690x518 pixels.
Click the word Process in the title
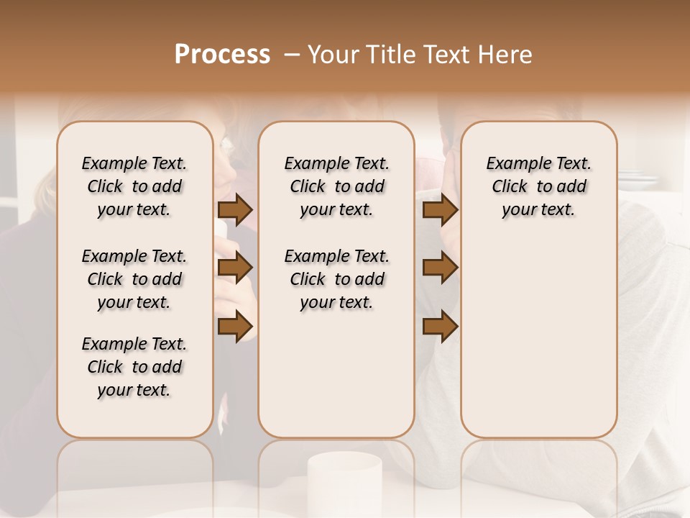(222, 55)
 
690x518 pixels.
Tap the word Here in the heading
(507, 55)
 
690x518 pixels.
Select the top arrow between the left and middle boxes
(235, 210)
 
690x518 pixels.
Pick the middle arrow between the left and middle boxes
(235, 268)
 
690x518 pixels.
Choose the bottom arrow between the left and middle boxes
(235, 325)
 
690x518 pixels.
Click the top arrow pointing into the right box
(440, 210)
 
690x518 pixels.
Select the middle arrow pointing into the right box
(440, 268)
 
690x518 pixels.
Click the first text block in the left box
(134, 186)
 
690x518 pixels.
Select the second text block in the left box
(134, 279)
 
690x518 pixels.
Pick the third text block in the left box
(134, 367)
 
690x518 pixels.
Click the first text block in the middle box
(336, 186)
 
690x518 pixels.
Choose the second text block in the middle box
(336, 279)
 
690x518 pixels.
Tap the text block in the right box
(538, 186)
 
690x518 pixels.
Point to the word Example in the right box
(512, 164)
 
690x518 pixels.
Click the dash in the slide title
(292, 55)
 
